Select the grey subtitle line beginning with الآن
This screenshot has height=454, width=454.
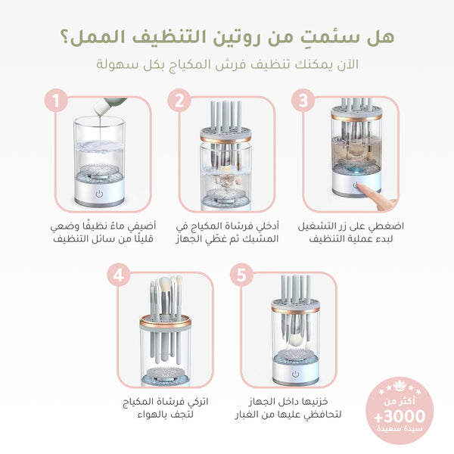(226, 65)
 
